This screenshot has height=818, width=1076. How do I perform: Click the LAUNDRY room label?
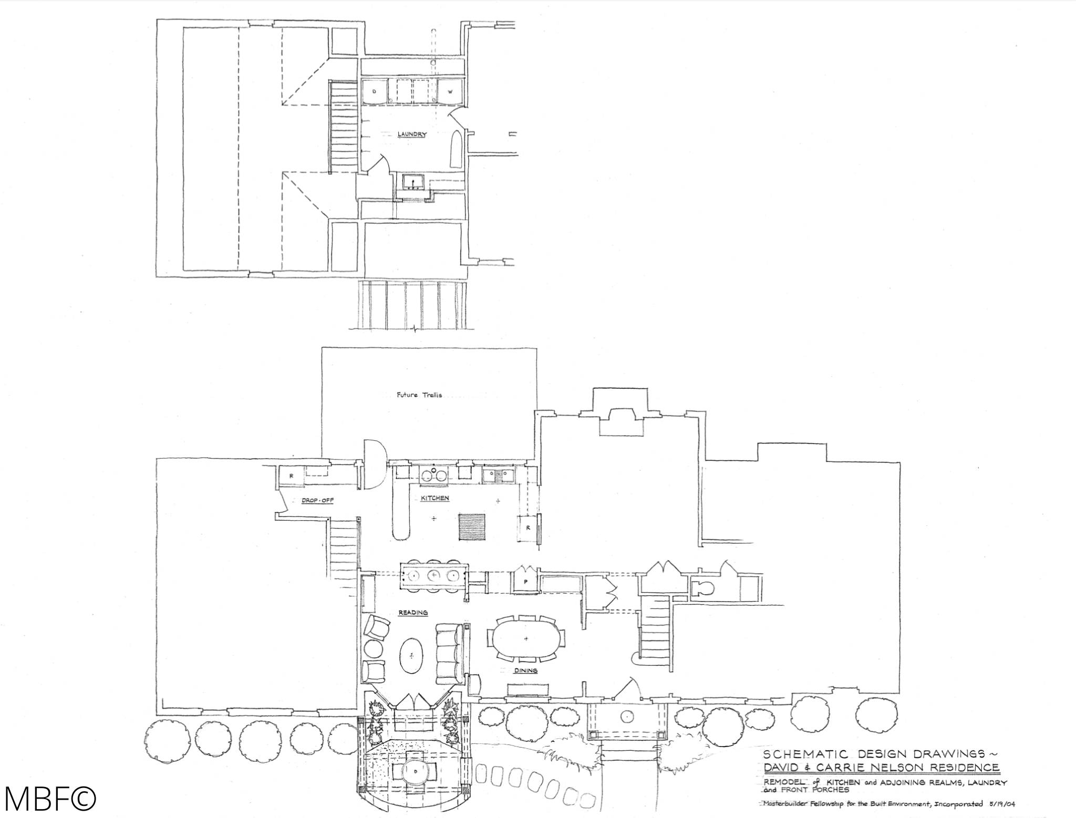(x=412, y=134)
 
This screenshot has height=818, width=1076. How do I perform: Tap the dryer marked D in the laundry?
(x=374, y=92)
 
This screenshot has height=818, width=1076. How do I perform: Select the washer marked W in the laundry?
(x=450, y=92)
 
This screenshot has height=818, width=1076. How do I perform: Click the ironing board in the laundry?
(x=457, y=149)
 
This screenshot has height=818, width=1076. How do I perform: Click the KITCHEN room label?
(x=435, y=498)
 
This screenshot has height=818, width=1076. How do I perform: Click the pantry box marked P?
(x=525, y=582)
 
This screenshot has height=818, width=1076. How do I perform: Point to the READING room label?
(x=413, y=613)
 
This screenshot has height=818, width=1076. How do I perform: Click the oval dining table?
(x=526, y=638)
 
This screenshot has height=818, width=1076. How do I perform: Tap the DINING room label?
(x=526, y=670)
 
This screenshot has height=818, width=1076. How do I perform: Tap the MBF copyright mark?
(x=50, y=798)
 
